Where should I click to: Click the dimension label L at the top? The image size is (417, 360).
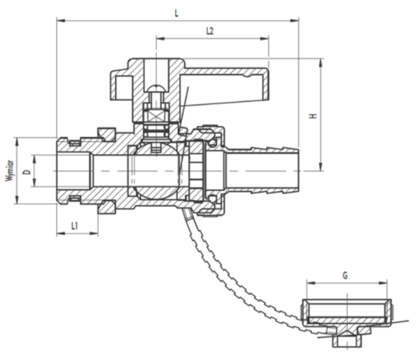pyautogui.click(x=177, y=13)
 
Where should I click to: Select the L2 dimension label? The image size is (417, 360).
pyautogui.click(x=210, y=31)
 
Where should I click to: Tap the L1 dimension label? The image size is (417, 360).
pyautogui.click(x=75, y=226)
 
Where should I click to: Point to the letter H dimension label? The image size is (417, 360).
pyautogui.click(x=313, y=116)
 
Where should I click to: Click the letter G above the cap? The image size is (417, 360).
pyautogui.click(x=345, y=275)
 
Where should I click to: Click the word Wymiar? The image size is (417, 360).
pyautogui.click(x=10, y=170)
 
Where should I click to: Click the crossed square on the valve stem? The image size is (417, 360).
pyautogui.click(x=156, y=116)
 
